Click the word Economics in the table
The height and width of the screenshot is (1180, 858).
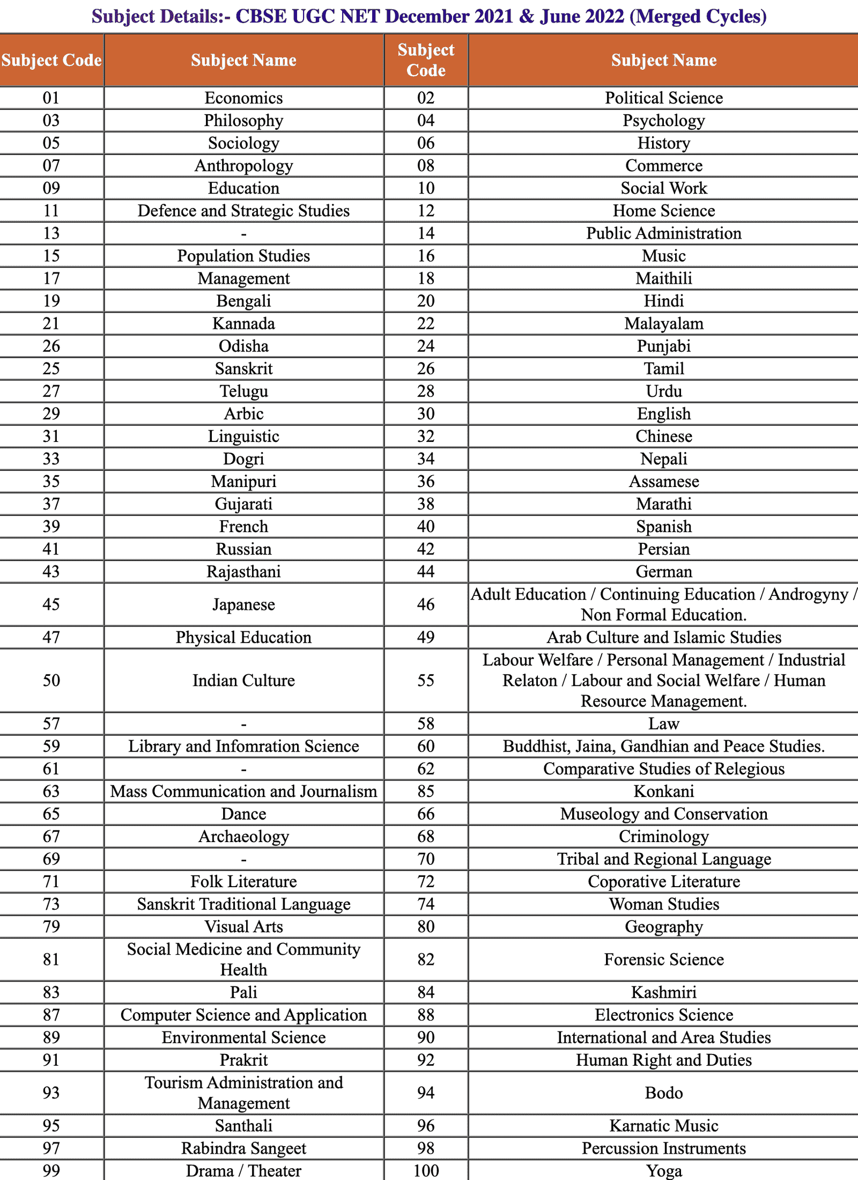[243, 98]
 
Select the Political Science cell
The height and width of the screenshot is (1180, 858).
[663, 98]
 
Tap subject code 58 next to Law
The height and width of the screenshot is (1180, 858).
[426, 724]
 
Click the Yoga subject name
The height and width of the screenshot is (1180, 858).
[664, 1171]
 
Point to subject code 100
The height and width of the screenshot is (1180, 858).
[426, 1171]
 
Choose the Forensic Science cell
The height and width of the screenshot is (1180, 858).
[663, 960]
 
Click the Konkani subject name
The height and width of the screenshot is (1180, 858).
[663, 791]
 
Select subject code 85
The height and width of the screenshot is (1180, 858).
[426, 791]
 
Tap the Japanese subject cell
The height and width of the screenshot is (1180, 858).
[243, 604]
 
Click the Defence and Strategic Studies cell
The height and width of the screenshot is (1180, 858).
[243, 211]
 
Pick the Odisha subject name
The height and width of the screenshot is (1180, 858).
[243, 346]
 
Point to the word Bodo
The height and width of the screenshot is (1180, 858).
[663, 1093]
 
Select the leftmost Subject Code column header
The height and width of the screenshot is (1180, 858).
[51, 60]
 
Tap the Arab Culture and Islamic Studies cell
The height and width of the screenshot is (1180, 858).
[663, 637]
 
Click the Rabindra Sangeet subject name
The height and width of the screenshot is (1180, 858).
[243, 1148]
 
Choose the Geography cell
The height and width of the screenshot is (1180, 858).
[663, 926]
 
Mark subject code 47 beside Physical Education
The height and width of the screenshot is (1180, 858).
[51, 637]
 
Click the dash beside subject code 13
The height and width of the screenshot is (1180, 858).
[243, 234]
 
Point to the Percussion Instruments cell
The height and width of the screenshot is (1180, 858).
[663, 1148]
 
